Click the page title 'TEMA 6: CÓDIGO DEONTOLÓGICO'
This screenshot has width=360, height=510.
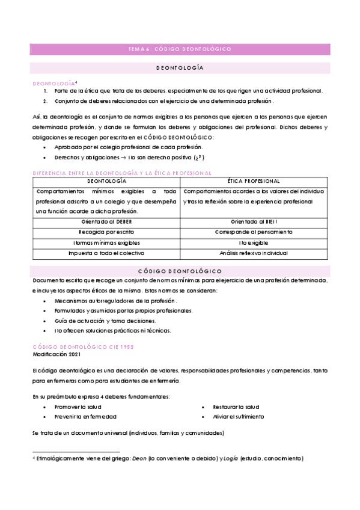click(x=180, y=49)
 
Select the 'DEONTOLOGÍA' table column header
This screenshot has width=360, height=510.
click(x=106, y=180)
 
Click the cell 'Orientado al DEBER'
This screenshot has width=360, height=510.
click(x=106, y=221)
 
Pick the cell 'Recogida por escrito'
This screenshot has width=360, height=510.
click(x=106, y=232)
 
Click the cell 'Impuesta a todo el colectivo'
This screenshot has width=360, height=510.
click(x=106, y=253)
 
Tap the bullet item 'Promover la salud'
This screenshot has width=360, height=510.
click(x=82, y=407)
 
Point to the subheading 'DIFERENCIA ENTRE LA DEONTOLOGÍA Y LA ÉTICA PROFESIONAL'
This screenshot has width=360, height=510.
click(x=121, y=173)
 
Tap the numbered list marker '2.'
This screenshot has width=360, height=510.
click(x=46, y=101)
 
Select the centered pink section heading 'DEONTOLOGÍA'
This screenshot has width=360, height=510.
click(x=180, y=69)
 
